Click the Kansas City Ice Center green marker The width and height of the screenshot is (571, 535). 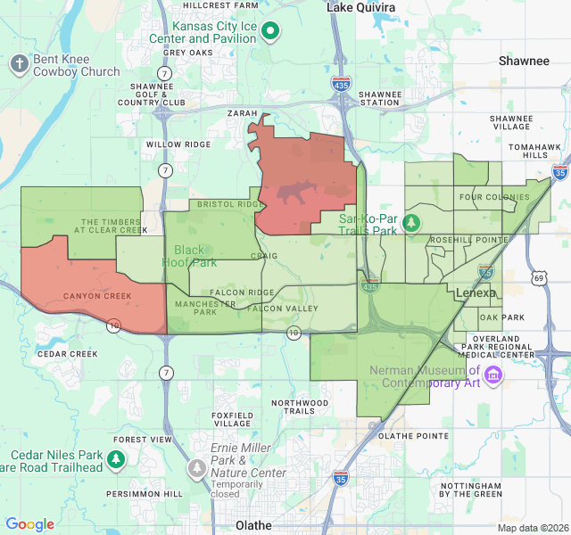coord(273,32)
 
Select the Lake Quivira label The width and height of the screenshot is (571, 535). coord(360,7)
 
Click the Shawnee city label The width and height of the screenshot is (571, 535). coord(524,61)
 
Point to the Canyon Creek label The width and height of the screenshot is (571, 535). coord(97,296)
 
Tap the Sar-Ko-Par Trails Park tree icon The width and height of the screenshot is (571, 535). coord(411,222)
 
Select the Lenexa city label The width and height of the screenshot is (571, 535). coord(476,292)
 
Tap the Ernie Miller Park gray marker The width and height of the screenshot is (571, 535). coord(197,467)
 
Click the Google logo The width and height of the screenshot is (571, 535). coord(29,525)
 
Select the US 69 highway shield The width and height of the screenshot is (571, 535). coord(539,279)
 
